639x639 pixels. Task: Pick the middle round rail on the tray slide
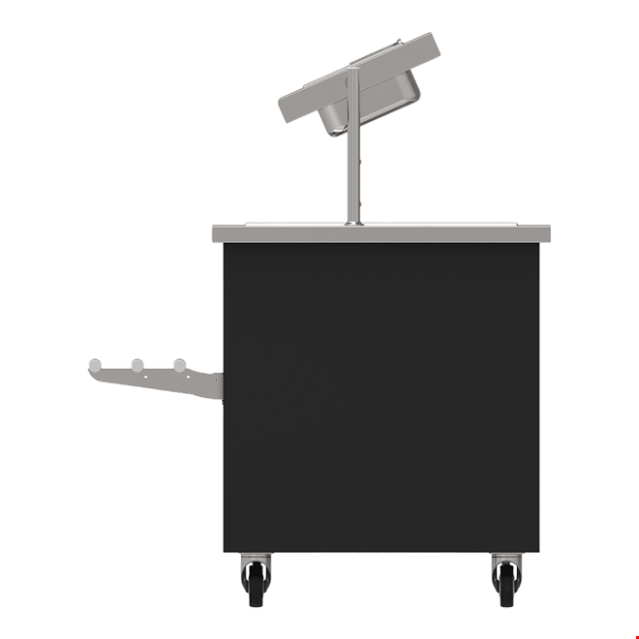137,364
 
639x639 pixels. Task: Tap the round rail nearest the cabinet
180,364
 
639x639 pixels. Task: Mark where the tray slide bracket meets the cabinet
218,385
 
